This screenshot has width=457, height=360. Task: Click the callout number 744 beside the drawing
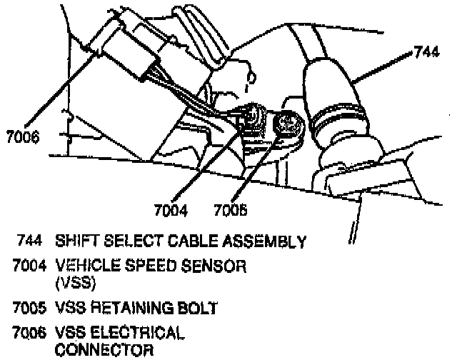[427, 52]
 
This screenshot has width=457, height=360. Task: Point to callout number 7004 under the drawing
[171, 211]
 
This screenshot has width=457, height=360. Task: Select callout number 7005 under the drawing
[231, 211]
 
